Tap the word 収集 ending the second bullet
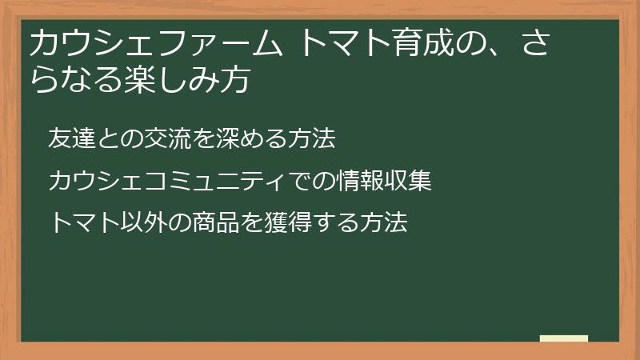[x=408, y=181]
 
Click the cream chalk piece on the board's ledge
[x=563, y=338]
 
